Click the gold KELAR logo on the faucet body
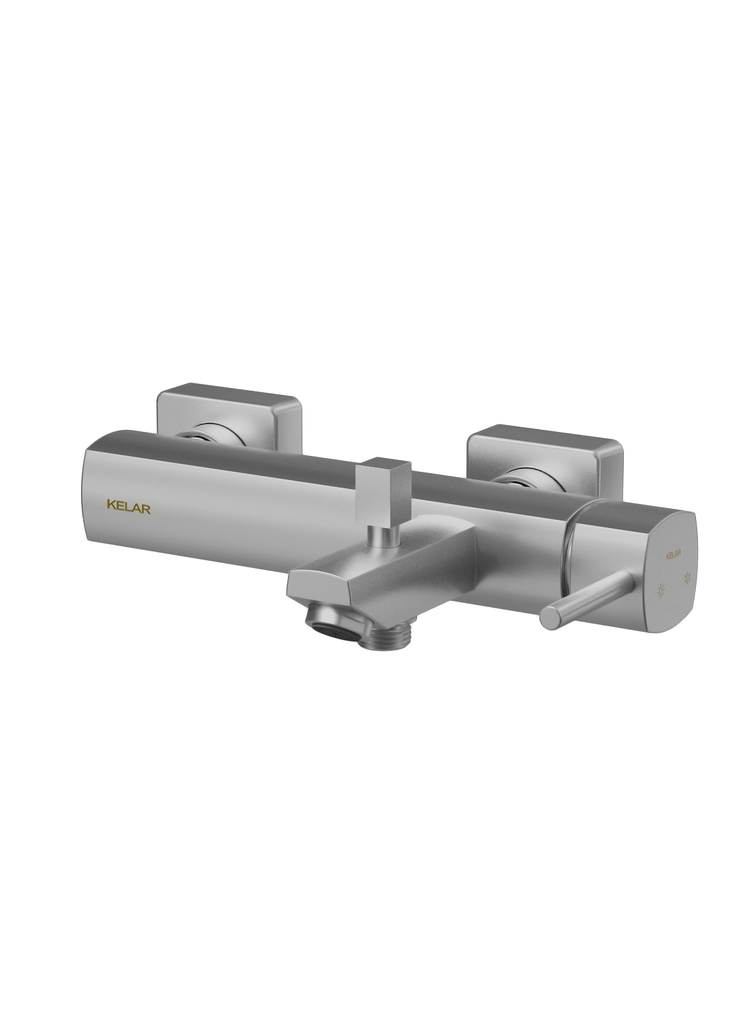click(128, 509)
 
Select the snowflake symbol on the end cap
click(688, 578)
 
